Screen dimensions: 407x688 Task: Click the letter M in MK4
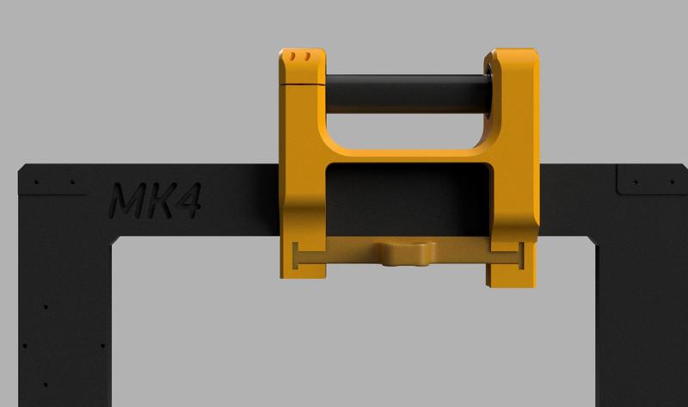click(128, 201)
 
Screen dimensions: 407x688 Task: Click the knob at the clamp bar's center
click(408, 253)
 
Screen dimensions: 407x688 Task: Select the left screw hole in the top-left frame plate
click(37, 182)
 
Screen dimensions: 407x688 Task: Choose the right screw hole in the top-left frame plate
click(71, 182)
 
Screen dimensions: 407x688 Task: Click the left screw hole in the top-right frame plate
click(635, 182)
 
